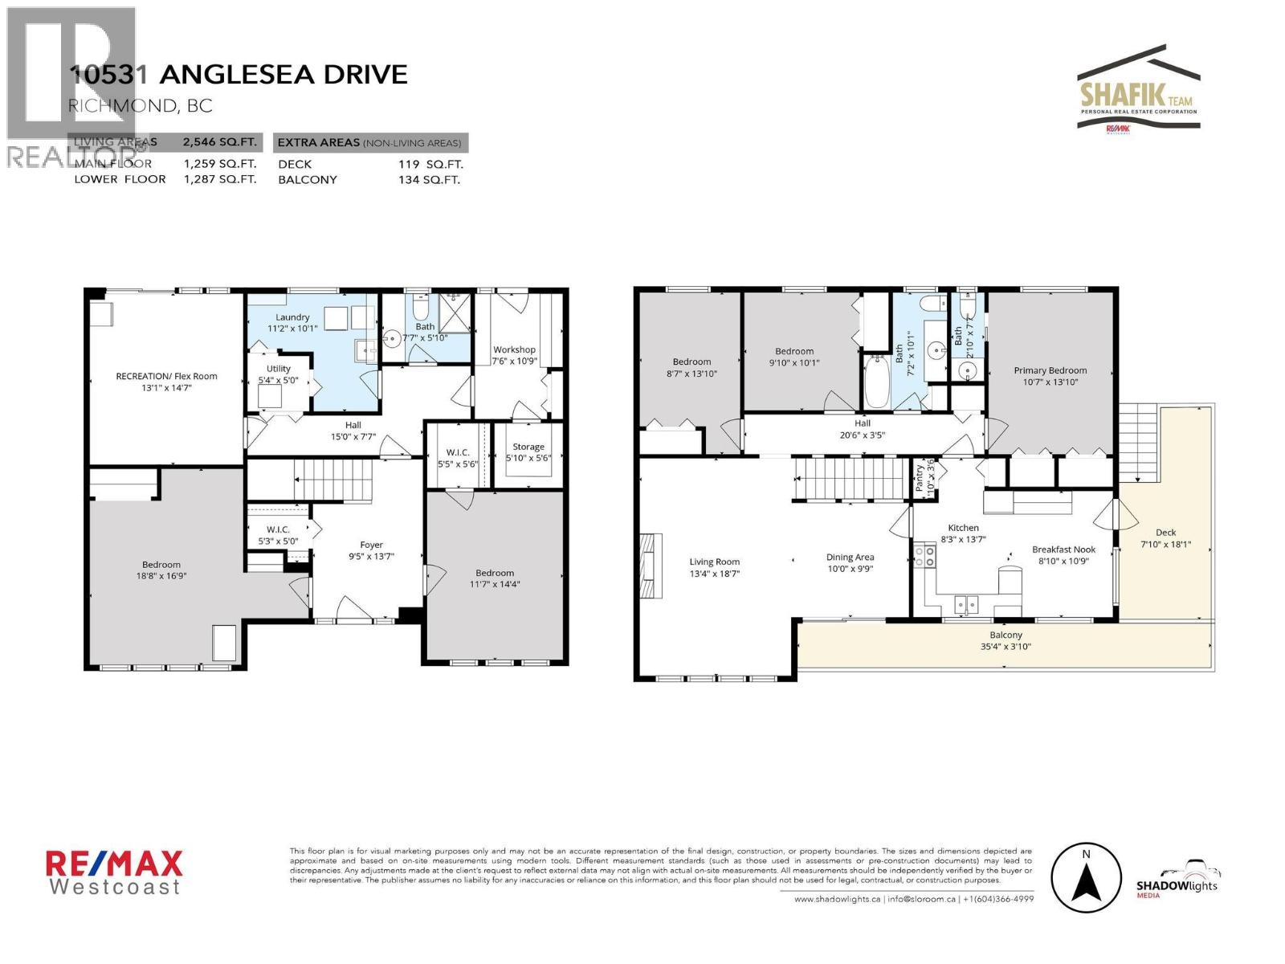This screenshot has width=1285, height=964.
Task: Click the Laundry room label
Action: tap(292, 317)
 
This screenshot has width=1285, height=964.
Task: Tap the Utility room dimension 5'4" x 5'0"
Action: tap(279, 380)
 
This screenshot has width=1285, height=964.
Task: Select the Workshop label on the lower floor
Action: tap(514, 349)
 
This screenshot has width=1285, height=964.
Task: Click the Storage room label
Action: tap(528, 447)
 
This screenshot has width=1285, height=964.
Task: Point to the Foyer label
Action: tap(371, 545)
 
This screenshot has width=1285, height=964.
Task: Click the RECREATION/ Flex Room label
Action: tap(166, 376)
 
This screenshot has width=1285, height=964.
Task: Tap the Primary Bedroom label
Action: tap(1050, 370)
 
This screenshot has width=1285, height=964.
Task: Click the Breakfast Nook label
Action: tap(1063, 549)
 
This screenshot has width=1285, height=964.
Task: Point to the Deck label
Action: tap(1165, 532)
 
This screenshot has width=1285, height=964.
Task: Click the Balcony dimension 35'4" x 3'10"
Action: tap(1006, 646)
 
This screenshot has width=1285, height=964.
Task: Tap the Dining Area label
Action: tap(850, 557)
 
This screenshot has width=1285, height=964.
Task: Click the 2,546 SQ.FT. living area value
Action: tap(219, 142)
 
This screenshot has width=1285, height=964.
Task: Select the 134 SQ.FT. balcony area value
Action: tap(429, 179)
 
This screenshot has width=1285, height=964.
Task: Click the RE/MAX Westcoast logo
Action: tap(114, 873)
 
